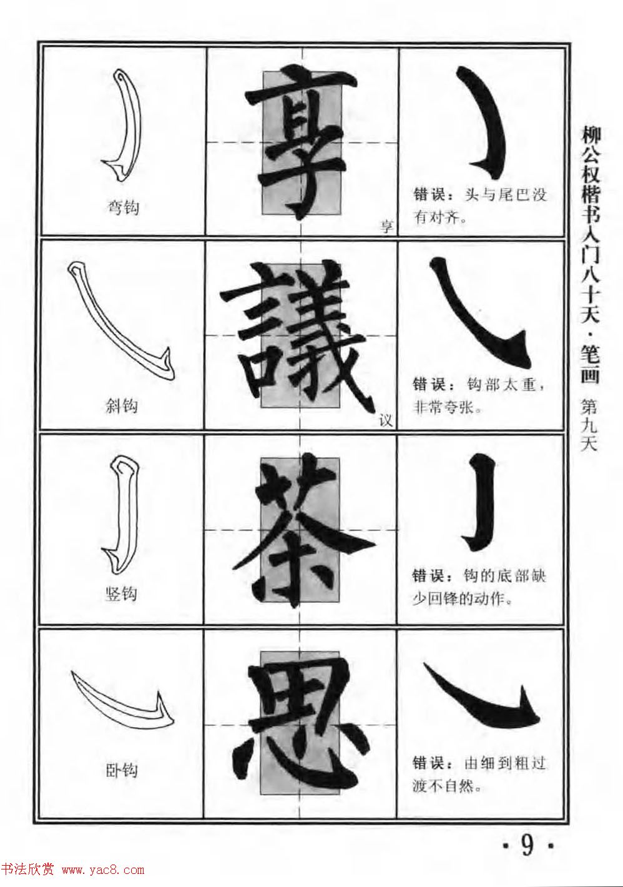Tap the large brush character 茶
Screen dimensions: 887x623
[301, 530]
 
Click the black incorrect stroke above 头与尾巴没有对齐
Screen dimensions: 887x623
[484, 122]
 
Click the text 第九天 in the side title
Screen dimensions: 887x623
[589, 425]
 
